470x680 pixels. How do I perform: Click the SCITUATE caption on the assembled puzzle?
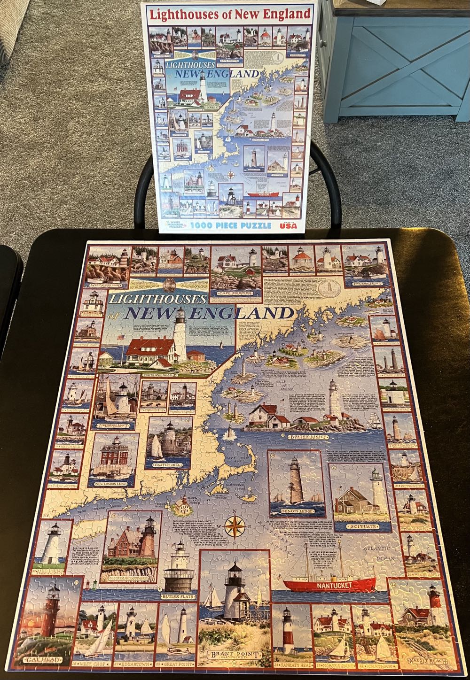click(x=363, y=526)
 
